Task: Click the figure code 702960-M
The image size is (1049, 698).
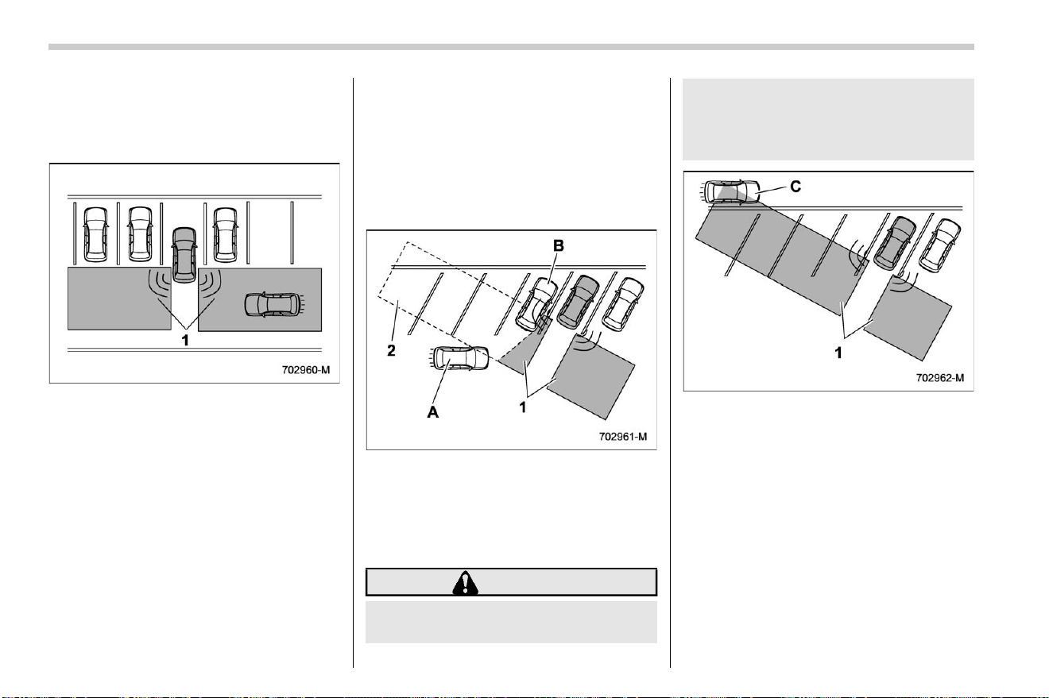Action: pyautogui.click(x=306, y=369)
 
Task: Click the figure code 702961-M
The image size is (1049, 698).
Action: pyautogui.click(x=623, y=437)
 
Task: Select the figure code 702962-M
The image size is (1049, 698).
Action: pyautogui.click(x=940, y=377)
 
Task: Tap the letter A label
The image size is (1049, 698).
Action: pyautogui.click(x=433, y=412)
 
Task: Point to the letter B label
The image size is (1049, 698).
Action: pyautogui.click(x=558, y=245)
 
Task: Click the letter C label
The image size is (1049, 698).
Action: pyautogui.click(x=795, y=187)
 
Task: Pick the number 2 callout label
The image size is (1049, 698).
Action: pyautogui.click(x=391, y=350)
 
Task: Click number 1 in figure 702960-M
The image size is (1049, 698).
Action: pyautogui.click(x=185, y=340)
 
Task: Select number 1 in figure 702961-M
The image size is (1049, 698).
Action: pyautogui.click(x=523, y=407)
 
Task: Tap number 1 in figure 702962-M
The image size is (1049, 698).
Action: pyautogui.click(x=838, y=353)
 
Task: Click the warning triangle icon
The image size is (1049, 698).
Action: pyautogui.click(x=465, y=582)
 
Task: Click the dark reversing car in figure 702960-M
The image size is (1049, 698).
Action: pyautogui.click(x=184, y=255)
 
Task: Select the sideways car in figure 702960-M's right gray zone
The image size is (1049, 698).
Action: pyautogui.click(x=273, y=305)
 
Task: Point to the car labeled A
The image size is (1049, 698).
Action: pyautogui.click(x=459, y=358)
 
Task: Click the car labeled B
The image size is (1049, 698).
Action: pyautogui.click(x=536, y=304)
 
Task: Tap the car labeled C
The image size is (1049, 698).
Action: pyautogui.click(x=730, y=192)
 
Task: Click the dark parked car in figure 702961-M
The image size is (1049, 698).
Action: pyautogui.click(x=578, y=302)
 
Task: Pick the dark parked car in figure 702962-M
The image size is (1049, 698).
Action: pyautogui.click(x=895, y=243)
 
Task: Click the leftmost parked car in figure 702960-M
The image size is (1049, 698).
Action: pyautogui.click(x=95, y=234)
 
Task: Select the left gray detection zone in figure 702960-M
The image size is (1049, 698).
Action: pyautogui.click(x=119, y=299)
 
